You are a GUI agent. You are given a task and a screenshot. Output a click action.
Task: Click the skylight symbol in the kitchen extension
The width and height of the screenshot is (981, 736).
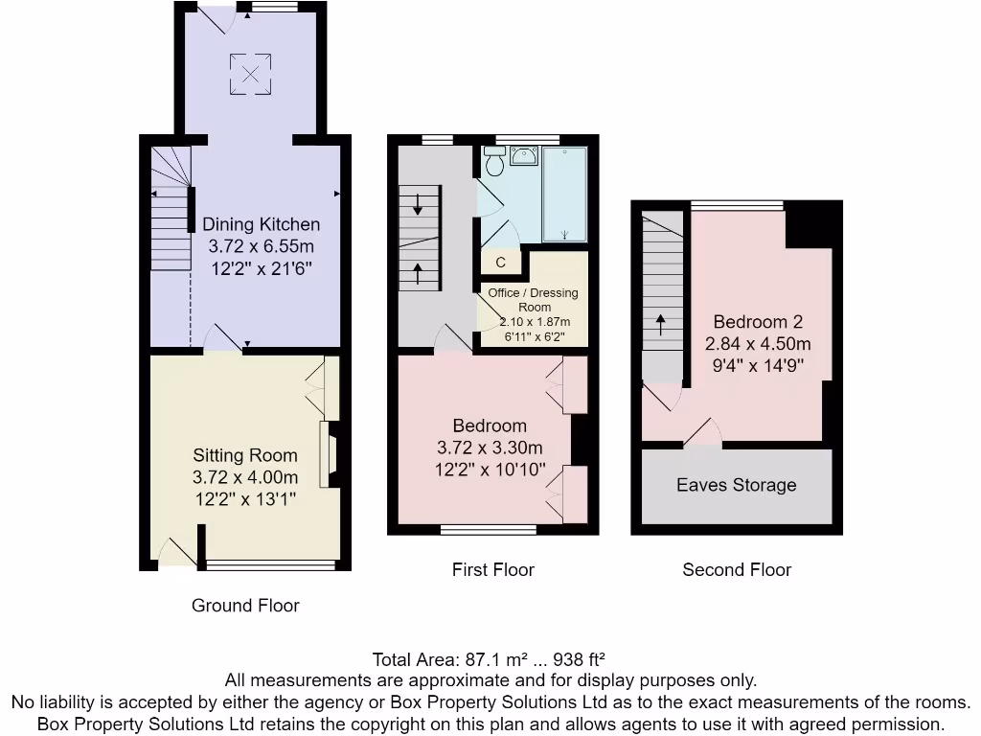coord(249,74)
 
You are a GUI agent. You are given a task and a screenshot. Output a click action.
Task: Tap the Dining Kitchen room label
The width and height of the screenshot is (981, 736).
coord(261,224)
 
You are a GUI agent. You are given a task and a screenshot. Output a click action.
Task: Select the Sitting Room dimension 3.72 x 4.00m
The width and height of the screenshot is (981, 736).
coord(245,477)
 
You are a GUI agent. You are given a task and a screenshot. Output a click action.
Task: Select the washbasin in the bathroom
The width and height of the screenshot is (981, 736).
coord(523,155)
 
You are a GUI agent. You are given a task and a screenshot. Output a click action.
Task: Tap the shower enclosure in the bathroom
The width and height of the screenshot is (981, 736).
coord(564,194)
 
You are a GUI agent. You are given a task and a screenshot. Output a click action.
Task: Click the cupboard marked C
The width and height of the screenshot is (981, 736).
coord(501,262)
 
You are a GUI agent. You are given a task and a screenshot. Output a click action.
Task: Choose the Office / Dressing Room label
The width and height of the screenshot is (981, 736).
coord(533,299)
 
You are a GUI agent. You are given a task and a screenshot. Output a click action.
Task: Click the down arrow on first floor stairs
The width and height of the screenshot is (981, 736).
coord(419,203)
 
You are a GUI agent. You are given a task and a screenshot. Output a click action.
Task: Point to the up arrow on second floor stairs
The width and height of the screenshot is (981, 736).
coord(661,322)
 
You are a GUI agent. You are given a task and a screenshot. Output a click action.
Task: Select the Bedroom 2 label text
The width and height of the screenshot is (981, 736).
coord(758,322)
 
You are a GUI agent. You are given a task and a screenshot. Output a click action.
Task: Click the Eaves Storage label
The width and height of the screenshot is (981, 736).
coord(736,485)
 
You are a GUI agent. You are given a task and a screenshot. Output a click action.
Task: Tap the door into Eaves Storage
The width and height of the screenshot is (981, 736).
coord(703,433)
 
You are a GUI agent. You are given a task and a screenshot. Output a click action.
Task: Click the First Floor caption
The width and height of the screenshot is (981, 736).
coord(492,570)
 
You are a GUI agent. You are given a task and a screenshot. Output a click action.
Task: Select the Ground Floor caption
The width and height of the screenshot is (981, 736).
coord(245,606)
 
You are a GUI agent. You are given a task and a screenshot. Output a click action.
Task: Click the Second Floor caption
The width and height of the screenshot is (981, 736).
coord(737,570)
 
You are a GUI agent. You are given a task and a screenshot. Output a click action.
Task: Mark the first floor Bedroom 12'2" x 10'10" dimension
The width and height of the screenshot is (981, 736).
coord(490,470)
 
